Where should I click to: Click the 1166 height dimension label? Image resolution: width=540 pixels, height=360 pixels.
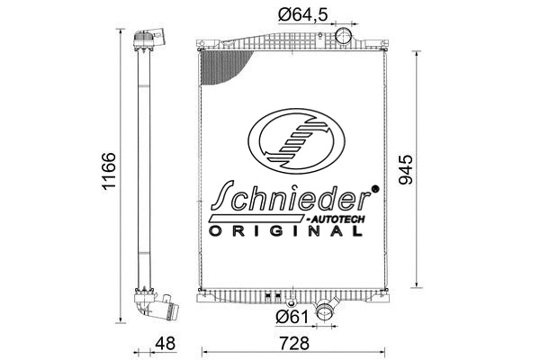pyautogui.click(x=107, y=172)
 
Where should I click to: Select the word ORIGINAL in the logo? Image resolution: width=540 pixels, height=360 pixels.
pyautogui.click(x=286, y=231)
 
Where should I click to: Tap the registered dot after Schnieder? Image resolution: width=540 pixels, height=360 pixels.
pyautogui.click(x=376, y=189)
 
